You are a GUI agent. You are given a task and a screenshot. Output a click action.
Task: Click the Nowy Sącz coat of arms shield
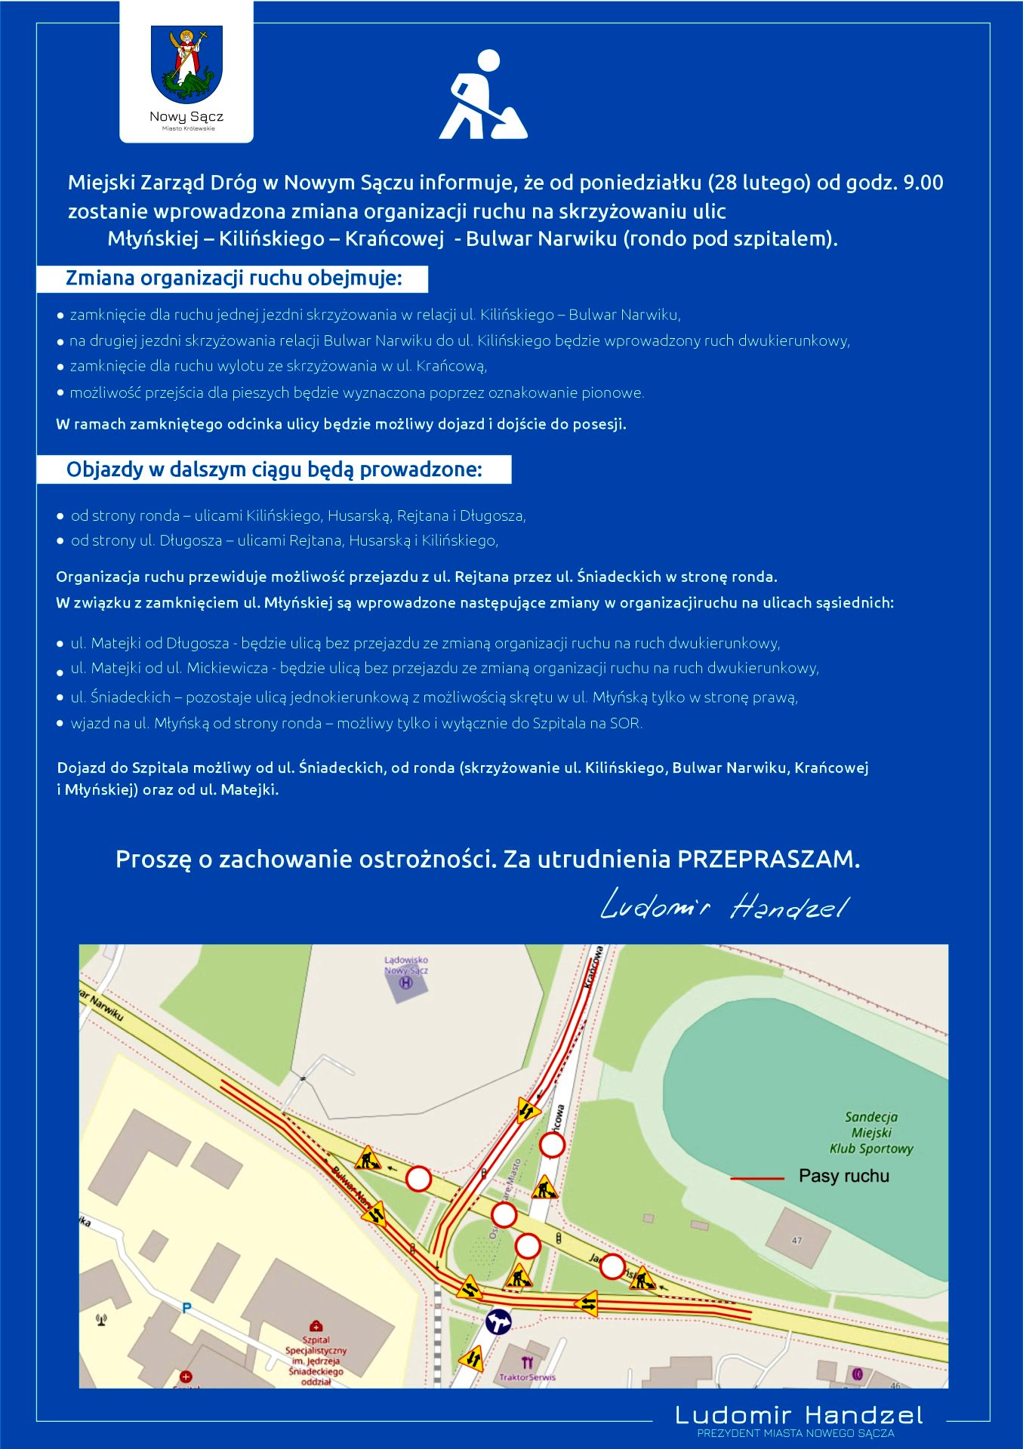(186, 63)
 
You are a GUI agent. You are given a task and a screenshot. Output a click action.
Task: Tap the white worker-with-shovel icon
(482, 96)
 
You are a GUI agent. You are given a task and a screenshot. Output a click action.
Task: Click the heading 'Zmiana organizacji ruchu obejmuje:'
(233, 278)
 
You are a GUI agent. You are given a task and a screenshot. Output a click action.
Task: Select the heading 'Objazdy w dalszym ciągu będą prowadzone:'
(274, 469)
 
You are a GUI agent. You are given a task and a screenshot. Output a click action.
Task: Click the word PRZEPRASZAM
(768, 859)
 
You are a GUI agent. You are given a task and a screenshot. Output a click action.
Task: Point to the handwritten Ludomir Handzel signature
(724, 906)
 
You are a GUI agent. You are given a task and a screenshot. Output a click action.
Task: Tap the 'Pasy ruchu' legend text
(843, 1176)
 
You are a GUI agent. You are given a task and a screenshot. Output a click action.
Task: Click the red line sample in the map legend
(757, 1177)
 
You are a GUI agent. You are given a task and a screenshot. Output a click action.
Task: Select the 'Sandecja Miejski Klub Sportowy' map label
(871, 1133)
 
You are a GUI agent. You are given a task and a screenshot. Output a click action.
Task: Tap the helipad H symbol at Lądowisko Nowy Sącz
(406, 983)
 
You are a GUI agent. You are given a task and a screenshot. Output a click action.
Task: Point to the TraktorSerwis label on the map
(527, 1377)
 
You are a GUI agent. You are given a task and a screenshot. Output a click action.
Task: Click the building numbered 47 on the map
(797, 1240)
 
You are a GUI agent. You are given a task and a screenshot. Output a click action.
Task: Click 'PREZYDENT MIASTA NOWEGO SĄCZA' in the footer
(795, 1433)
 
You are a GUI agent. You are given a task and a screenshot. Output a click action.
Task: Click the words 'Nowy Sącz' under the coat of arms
(186, 117)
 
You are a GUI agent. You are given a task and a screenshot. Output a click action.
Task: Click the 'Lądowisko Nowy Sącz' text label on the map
(406, 965)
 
